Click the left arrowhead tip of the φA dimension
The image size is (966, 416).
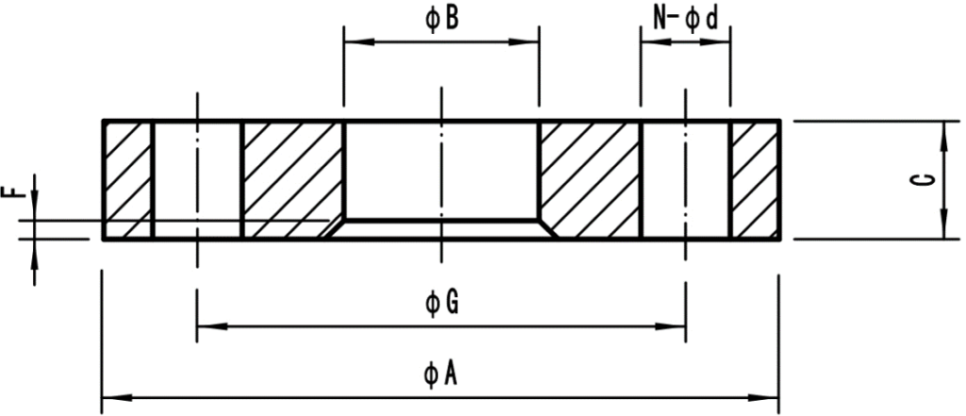[x=102, y=397]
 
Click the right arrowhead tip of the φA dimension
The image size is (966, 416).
[x=778, y=397]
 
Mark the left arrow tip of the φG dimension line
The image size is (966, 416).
[x=197, y=325]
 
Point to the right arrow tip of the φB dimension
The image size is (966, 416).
[x=539, y=42]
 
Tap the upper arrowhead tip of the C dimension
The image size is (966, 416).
[x=943, y=122]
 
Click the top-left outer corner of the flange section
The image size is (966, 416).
[x=102, y=120]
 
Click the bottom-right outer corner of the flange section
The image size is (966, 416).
[x=780, y=240]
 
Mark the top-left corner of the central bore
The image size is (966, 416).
[x=343, y=121]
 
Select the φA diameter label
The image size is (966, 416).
[x=441, y=374]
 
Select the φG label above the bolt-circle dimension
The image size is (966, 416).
[x=441, y=303]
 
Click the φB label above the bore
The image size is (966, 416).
[x=441, y=19]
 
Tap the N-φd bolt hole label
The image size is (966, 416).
[x=686, y=19]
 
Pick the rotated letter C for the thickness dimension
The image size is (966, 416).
[x=924, y=179]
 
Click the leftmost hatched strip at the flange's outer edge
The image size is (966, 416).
[x=128, y=180]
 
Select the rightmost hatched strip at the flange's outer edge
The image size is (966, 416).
[x=756, y=180]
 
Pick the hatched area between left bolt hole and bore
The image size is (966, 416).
[x=293, y=180]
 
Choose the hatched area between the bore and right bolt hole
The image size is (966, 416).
[x=591, y=180]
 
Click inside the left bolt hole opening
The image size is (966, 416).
[x=197, y=180]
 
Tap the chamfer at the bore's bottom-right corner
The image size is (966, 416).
[x=548, y=228]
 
